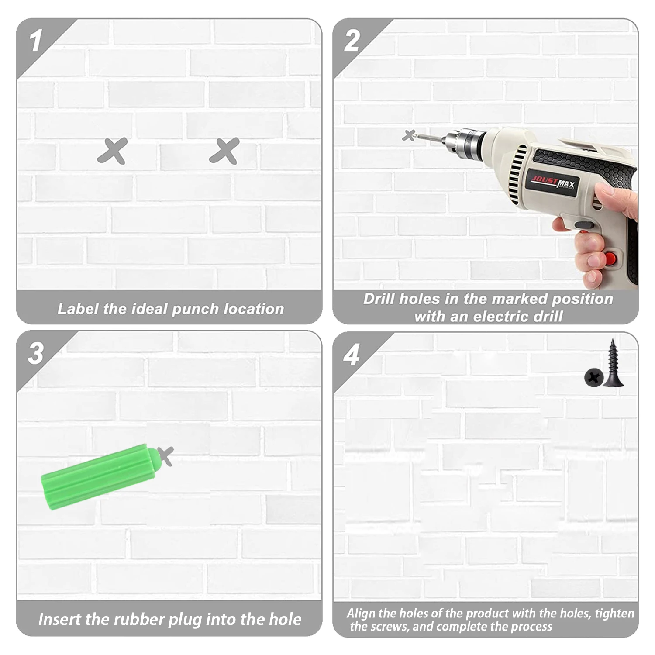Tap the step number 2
(x=352, y=41)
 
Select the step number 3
(x=35, y=353)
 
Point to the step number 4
(x=351, y=355)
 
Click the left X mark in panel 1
(x=112, y=151)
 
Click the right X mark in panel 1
(x=224, y=151)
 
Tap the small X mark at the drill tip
(x=409, y=136)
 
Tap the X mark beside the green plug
(x=165, y=456)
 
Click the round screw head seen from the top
(x=593, y=377)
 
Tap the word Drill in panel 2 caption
(x=379, y=299)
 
